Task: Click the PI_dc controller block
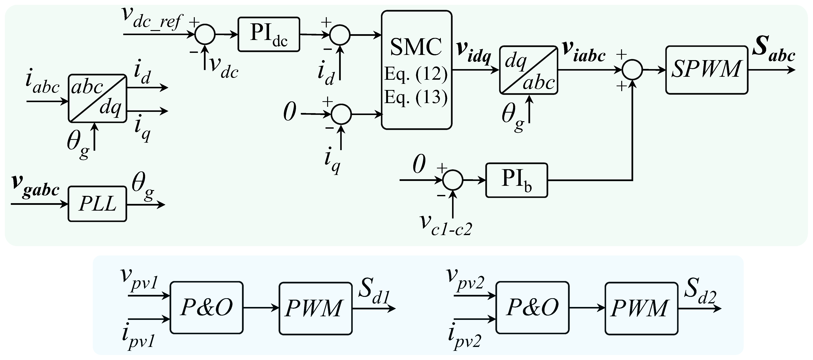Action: click(268, 34)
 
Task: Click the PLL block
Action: click(97, 204)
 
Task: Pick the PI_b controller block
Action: click(516, 180)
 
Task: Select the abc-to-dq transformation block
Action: click(97, 98)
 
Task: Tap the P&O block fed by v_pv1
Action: click(206, 308)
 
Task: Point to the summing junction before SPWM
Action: click(632, 70)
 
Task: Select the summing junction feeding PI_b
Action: click(453, 180)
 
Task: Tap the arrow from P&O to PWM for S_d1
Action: click(261, 308)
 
